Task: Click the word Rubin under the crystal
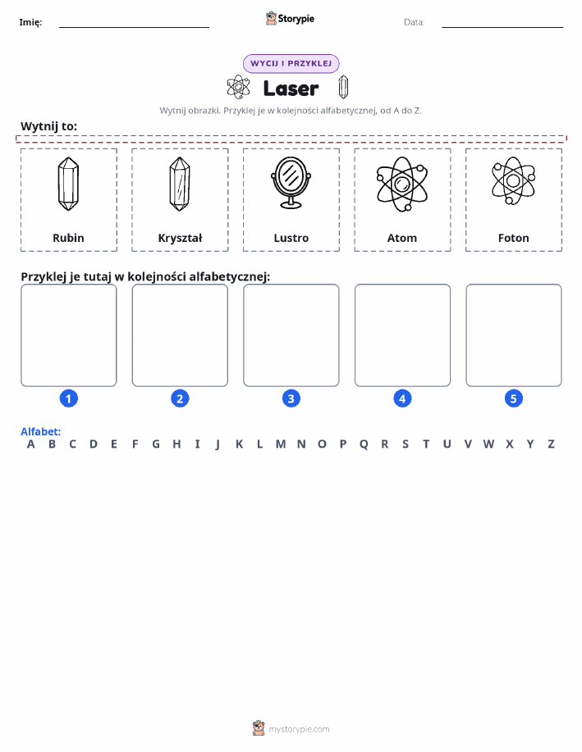click(x=68, y=238)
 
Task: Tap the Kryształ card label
click(x=180, y=238)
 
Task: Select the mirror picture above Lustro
click(x=291, y=183)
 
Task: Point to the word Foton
click(x=513, y=238)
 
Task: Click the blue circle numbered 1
click(x=69, y=399)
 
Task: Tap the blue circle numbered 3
click(x=291, y=399)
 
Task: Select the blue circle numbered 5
click(x=513, y=399)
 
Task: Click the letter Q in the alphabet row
click(x=364, y=444)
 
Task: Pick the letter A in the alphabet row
click(x=30, y=444)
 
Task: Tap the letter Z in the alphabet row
click(x=552, y=444)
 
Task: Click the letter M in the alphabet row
click(x=281, y=444)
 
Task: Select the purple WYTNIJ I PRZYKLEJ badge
click(x=291, y=63)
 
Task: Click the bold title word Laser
click(x=291, y=89)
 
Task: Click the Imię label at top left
click(x=30, y=22)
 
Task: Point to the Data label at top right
click(x=414, y=22)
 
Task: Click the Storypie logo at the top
click(x=290, y=19)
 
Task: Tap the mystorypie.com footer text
click(x=299, y=729)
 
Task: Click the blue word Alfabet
click(x=41, y=431)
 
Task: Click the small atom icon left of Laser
click(x=238, y=87)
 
